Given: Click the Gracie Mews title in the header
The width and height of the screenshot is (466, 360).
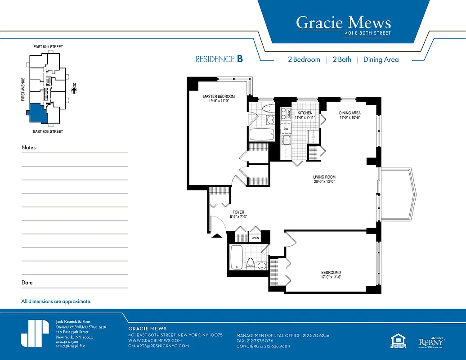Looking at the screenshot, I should pyautogui.click(x=343, y=22).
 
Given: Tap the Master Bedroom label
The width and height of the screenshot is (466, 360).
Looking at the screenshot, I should pyautogui.click(x=219, y=99).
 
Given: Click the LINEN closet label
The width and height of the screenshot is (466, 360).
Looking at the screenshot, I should pyautogui.click(x=255, y=238).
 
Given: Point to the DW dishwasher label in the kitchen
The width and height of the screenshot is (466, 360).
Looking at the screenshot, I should pyautogui.click(x=286, y=129).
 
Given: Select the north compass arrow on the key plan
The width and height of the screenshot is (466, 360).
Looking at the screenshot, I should pyautogui.click(x=75, y=90).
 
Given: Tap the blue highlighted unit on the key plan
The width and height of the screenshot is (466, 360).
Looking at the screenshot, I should pyautogui.click(x=37, y=113).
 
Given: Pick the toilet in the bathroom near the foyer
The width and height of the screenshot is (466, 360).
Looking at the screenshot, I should pyautogui.click(x=251, y=264).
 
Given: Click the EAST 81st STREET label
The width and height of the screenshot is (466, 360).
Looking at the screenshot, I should pyautogui.click(x=48, y=47).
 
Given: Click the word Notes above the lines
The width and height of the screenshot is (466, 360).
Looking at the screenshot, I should pyautogui.click(x=28, y=148).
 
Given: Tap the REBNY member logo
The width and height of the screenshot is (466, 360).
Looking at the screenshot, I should pyautogui.click(x=431, y=342).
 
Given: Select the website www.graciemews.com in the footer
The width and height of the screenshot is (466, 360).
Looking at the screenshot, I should pyautogui.click(x=155, y=341).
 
